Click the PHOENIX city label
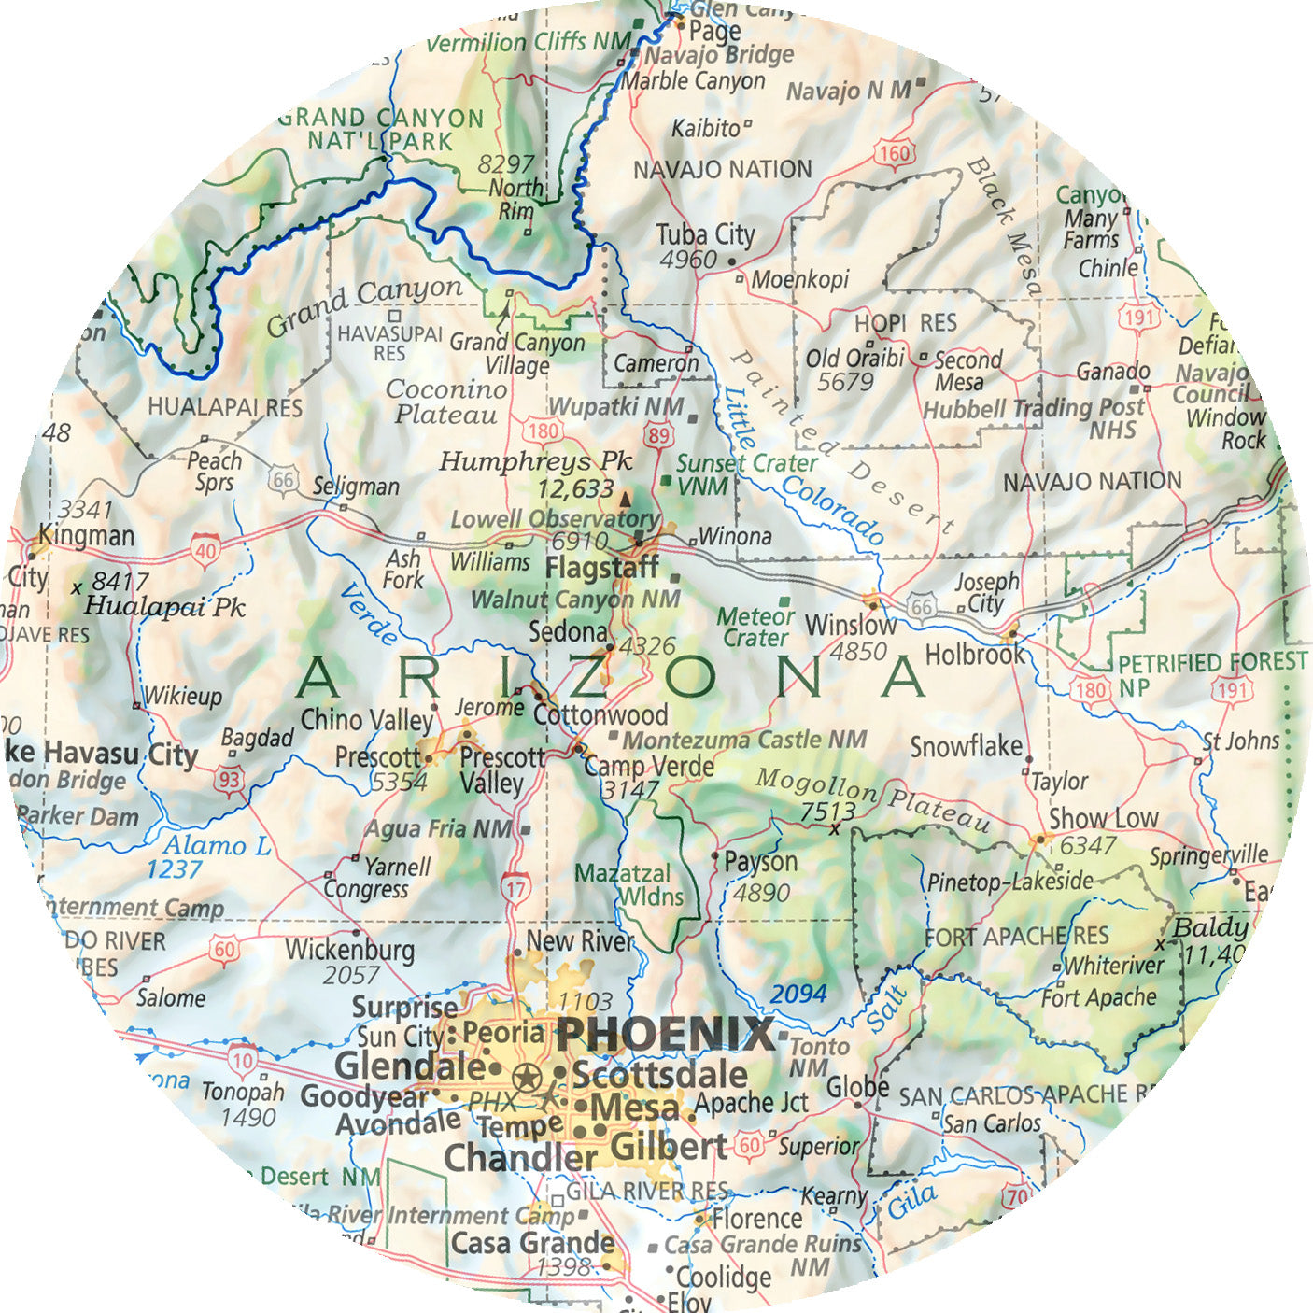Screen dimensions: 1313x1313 (666, 1036)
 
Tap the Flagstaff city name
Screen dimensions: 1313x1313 (601, 568)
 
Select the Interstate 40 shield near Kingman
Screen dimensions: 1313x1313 (205, 550)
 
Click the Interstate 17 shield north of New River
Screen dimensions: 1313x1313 (515, 888)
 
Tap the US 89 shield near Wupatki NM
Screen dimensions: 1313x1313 (659, 435)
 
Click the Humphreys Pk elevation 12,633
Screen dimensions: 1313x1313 (575, 488)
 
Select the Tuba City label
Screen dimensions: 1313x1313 (705, 234)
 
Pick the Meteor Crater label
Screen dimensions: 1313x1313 (755, 628)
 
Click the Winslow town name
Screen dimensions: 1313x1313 (850, 625)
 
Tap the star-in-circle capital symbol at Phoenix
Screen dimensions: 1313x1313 (528, 1079)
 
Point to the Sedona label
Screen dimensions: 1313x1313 (568, 632)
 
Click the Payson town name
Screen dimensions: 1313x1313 (760, 862)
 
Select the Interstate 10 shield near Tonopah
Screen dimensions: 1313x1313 (243, 1060)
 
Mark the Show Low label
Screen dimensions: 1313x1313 (1103, 818)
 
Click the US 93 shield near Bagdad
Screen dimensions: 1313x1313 (229, 781)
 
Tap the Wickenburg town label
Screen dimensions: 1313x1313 (349, 950)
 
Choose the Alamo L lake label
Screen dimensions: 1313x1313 (218, 846)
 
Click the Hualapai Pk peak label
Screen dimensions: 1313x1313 (164, 607)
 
